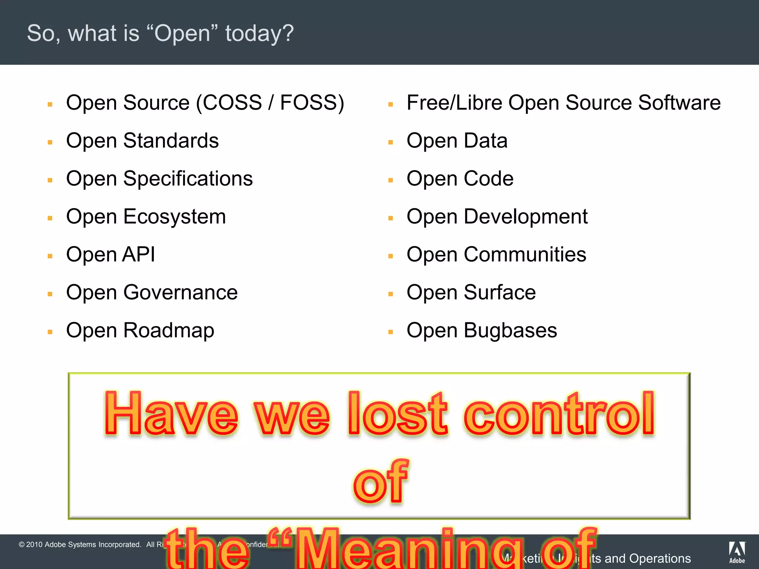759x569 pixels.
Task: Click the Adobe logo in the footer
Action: [737, 552]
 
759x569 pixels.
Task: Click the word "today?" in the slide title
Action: [259, 33]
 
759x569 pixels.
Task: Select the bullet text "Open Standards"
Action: [142, 141]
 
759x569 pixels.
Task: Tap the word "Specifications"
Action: [188, 179]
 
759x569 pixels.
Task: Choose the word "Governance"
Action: [180, 293]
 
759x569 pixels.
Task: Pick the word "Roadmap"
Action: [169, 330]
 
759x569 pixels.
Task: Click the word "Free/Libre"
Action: [454, 103]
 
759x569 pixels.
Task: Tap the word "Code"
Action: [488, 179]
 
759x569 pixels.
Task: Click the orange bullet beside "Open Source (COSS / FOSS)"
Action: [50, 105]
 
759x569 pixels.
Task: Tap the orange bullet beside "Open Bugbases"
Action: [390, 332]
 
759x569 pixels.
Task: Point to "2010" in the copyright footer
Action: [34, 545]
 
